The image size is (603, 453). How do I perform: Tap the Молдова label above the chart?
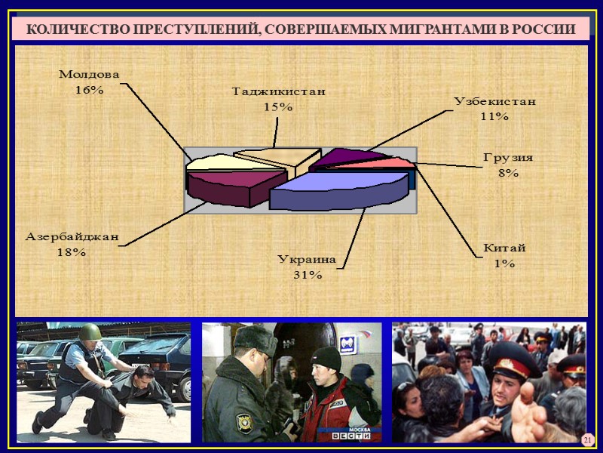click(x=89, y=75)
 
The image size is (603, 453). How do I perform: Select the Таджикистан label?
click(x=278, y=92)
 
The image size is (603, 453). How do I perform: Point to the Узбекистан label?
click(x=494, y=102)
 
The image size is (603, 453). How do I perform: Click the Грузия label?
click(x=508, y=158)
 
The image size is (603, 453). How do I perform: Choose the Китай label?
click(x=504, y=248)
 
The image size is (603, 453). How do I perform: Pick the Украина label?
click(x=306, y=259)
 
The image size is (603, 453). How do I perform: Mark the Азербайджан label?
click(x=72, y=236)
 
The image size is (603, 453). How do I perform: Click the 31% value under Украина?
click(x=307, y=275)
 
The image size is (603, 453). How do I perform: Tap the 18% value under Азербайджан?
click(x=72, y=251)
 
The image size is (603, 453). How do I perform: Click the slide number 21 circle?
click(x=588, y=439)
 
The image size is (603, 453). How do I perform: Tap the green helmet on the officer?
click(x=90, y=331)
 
